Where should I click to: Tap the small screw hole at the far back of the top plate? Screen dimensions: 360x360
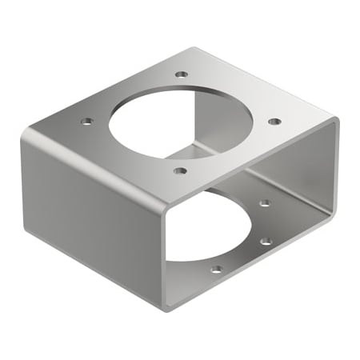pos(182,74)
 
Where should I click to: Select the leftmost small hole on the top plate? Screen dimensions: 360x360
pos(87,122)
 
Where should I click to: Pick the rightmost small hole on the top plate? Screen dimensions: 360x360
pos(274,122)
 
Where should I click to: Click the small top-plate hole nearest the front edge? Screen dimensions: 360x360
pos(180,170)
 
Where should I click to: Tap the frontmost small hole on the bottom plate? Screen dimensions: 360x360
pos(216,269)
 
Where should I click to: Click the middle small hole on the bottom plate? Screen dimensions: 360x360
pos(266,241)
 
